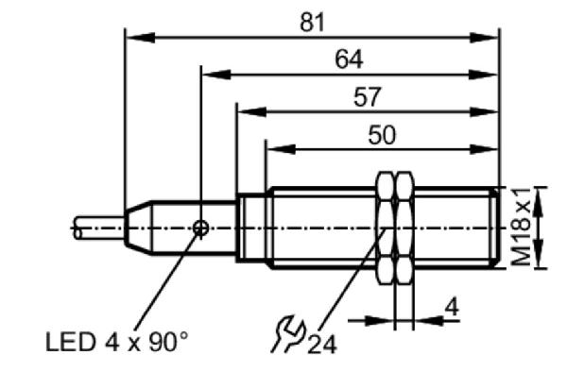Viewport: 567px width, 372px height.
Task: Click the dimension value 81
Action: coord(313,23)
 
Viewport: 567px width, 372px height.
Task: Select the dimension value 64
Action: coord(349,59)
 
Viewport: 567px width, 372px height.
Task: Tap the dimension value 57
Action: coord(367,97)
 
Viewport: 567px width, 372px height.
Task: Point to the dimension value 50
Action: coord(382,135)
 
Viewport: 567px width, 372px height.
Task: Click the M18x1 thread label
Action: coord(522,228)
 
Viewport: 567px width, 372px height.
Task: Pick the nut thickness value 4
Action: coord(452,308)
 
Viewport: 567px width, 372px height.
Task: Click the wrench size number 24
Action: coord(322,345)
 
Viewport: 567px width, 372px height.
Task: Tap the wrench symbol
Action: coord(288,333)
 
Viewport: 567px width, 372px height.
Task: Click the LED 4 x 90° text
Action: coord(117,342)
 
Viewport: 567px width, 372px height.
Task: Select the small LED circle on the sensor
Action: coord(200,228)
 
